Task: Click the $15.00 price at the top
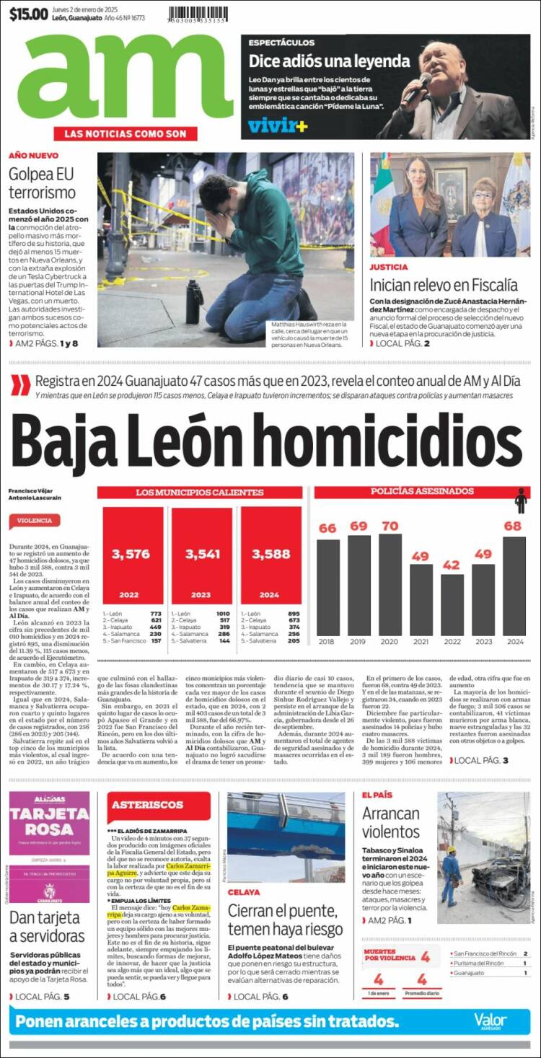[x=29, y=14]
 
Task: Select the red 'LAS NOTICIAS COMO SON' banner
[x=125, y=133]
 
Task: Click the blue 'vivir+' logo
[x=278, y=125]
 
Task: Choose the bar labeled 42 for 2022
[x=452, y=604]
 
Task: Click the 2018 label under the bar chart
[x=327, y=641]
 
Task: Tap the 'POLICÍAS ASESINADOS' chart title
[x=412, y=492]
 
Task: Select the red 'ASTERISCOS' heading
[x=138, y=804]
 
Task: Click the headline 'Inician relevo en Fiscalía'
[x=444, y=284]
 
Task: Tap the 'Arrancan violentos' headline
[x=390, y=823]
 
